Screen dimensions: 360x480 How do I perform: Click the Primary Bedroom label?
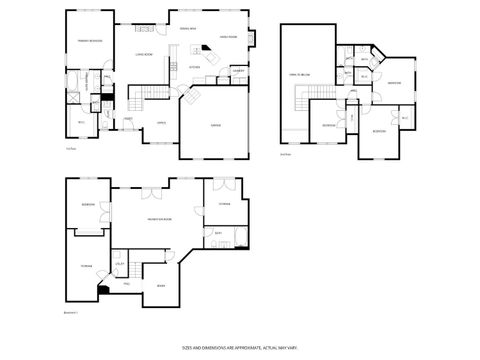pos(86,40)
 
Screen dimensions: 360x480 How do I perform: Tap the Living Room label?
pos(143,54)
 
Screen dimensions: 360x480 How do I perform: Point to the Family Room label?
pos(228,37)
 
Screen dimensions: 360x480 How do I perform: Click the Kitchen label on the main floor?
pos(196,67)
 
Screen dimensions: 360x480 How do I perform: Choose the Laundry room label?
pos(239,71)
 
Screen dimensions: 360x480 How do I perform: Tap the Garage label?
pos(216,125)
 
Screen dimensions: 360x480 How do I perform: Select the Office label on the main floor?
pos(160,122)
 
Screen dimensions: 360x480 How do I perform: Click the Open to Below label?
pos(299,74)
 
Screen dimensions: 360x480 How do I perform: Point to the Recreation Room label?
pos(160,218)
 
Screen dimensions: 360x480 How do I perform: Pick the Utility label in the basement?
pos(119,263)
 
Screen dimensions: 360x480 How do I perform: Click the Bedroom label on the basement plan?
pos(88,206)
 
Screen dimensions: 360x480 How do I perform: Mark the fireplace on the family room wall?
pos(250,39)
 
